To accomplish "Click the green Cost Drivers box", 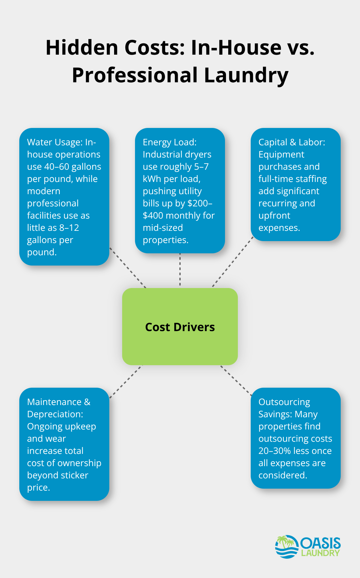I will (x=180, y=326).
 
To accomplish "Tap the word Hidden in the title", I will (x=82, y=48).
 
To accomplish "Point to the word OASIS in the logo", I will (x=320, y=543).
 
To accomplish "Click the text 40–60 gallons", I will (x=72, y=167).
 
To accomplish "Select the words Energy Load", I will (x=169, y=142).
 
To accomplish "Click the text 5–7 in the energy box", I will (x=201, y=167).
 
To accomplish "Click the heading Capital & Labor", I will (x=292, y=142).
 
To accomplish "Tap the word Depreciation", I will (x=55, y=414).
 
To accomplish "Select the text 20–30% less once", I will (x=295, y=451).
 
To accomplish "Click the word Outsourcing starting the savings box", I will (x=284, y=402).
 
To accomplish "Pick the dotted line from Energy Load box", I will (x=180, y=270).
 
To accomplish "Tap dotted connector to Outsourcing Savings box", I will (x=236, y=380).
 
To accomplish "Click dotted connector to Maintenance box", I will (x=126, y=381).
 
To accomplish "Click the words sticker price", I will (x=58, y=481).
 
